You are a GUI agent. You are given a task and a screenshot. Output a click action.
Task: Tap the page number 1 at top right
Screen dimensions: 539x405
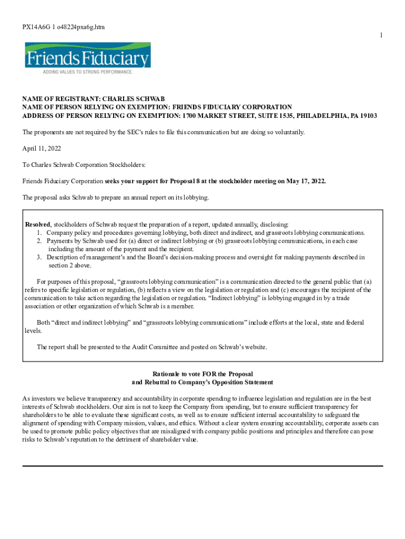tap(381, 35)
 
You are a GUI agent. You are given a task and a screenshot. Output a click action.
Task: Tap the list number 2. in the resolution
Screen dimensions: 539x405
tap(39, 241)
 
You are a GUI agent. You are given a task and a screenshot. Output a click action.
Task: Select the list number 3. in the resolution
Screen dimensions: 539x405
tap(39, 257)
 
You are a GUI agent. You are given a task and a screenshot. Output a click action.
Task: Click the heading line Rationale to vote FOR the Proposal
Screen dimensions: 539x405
tap(202, 374)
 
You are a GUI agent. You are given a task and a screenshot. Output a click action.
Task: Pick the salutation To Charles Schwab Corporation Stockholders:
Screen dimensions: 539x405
tap(76, 165)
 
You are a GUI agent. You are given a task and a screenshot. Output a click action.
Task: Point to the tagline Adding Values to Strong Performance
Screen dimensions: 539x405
tap(88, 72)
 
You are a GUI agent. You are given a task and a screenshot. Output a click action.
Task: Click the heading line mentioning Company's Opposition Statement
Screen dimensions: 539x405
tap(202, 382)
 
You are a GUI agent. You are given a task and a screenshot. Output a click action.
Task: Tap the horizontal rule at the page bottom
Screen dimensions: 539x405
tap(202, 466)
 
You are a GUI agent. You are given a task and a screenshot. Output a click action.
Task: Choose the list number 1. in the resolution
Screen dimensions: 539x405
tap(39, 233)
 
